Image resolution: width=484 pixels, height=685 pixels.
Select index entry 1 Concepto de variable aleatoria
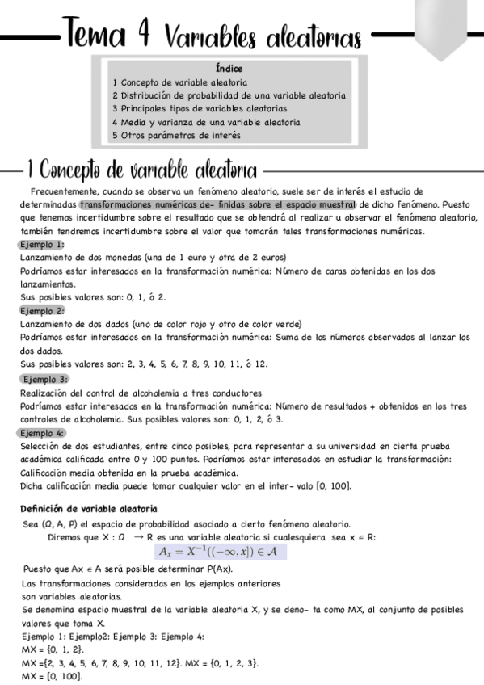[179, 82]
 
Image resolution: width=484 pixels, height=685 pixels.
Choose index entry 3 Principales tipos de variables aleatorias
[199, 108]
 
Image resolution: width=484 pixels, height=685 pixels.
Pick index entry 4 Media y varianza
[205, 122]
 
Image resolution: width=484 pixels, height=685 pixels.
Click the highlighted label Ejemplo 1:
[42, 244]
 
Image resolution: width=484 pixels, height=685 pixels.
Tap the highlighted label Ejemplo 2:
[42, 310]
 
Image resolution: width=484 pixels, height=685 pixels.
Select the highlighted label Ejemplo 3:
[46, 378]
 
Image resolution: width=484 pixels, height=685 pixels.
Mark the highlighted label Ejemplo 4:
[42, 433]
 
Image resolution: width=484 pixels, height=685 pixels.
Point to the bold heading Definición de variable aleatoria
[89, 508]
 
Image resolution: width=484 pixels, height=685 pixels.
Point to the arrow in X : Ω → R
[139, 536]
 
